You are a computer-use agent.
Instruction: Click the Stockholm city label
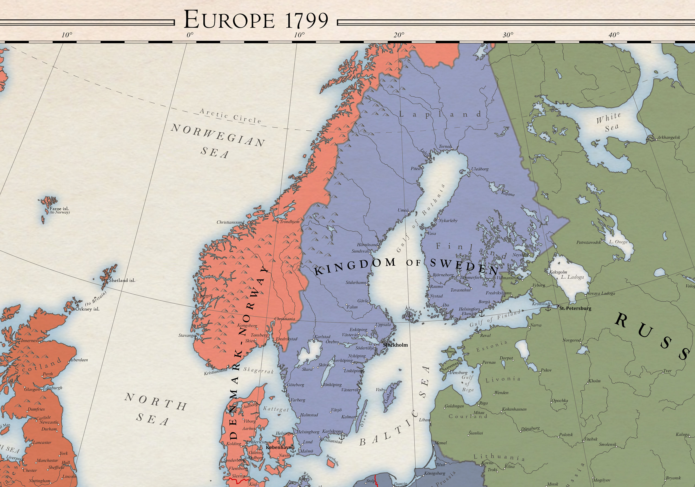pyautogui.click(x=395, y=345)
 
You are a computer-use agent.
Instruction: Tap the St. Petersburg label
pyautogui.click(x=575, y=308)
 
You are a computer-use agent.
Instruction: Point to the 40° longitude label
pyautogui.click(x=614, y=35)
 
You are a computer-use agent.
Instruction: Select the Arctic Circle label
pyautogui.click(x=230, y=116)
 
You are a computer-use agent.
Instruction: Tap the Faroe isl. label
pyautogui.click(x=59, y=209)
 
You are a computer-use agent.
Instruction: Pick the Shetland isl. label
pyautogui.click(x=122, y=280)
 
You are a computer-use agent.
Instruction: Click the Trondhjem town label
pyautogui.click(x=289, y=222)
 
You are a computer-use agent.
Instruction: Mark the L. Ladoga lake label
pyautogui.click(x=572, y=277)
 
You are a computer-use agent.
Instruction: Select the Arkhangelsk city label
pyautogui.click(x=668, y=137)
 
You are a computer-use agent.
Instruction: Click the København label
pyautogui.click(x=278, y=447)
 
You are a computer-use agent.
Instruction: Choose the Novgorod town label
pyautogui.click(x=571, y=340)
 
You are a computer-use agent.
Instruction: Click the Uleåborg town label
pyautogui.click(x=480, y=169)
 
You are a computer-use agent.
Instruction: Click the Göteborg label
pyautogui.click(x=295, y=385)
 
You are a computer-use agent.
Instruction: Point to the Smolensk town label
pyautogui.click(x=607, y=444)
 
